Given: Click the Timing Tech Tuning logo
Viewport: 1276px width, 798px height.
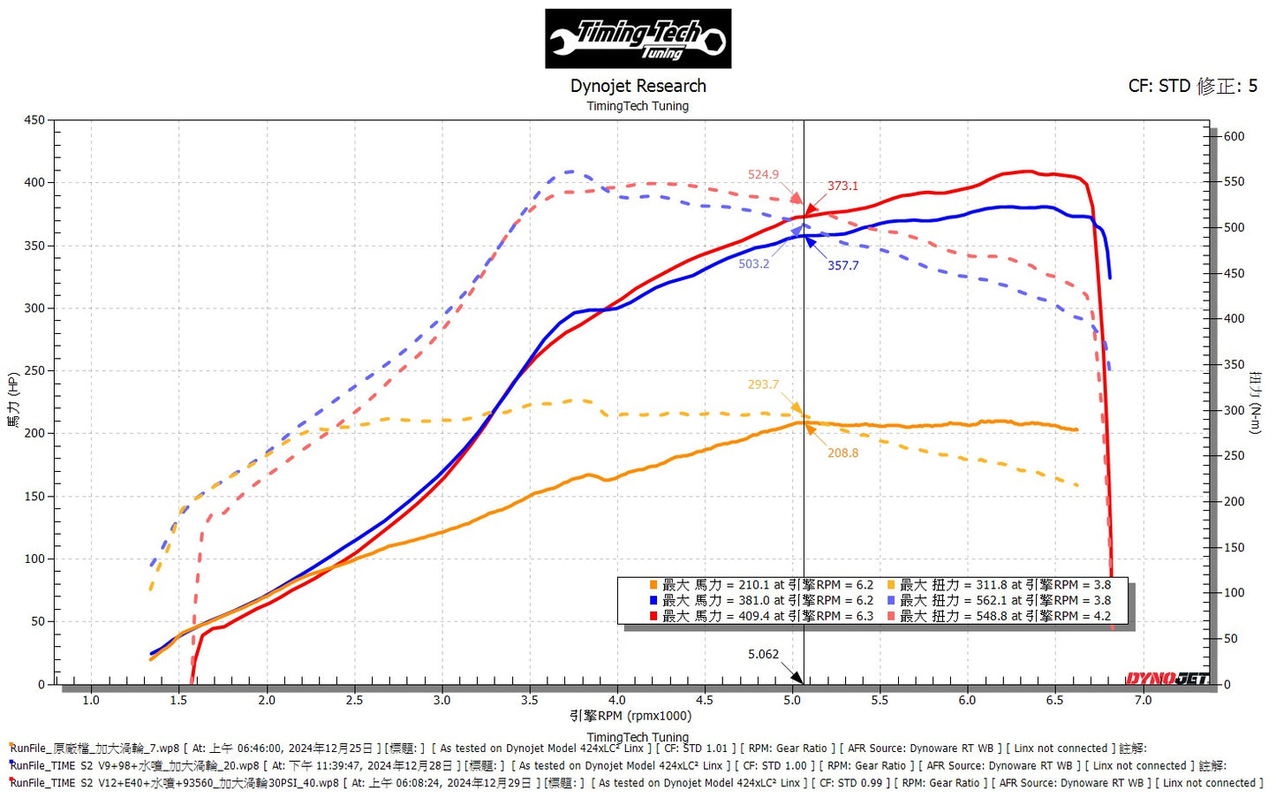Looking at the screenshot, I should [x=638, y=39].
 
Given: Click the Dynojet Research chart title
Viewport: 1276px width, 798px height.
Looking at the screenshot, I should [x=638, y=86].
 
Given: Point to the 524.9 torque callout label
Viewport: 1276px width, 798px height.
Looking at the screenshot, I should [x=763, y=174].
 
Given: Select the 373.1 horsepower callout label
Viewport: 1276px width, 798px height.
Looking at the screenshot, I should [x=842, y=186].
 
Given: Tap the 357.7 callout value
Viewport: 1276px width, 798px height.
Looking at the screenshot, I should [x=842, y=265].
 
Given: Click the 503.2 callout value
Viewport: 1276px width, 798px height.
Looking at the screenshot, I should [x=753, y=263].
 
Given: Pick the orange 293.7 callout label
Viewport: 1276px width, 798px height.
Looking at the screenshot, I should [x=763, y=384].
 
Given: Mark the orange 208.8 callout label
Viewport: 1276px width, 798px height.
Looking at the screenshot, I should [x=842, y=452].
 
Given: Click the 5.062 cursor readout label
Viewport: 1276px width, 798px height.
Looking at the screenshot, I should [x=763, y=654].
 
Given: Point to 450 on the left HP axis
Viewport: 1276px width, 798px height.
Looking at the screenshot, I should [x=34, y=120].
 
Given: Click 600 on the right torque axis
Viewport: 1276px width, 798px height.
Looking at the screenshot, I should [x=1234, y=136].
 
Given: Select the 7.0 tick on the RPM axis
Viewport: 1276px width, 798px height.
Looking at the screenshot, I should [x=1143, y=700].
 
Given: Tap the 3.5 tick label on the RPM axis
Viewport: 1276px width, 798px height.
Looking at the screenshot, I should [x=529, y=700].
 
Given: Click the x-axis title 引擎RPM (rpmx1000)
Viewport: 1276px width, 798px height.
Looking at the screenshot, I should [x=630, y=716].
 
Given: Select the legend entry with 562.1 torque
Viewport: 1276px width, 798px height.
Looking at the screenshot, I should [x=1004, y=600].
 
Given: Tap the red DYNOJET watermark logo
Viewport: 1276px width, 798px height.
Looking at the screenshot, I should [x=1167, y=678].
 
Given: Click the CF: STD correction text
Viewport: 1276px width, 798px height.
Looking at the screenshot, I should [x=1192, y=86].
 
